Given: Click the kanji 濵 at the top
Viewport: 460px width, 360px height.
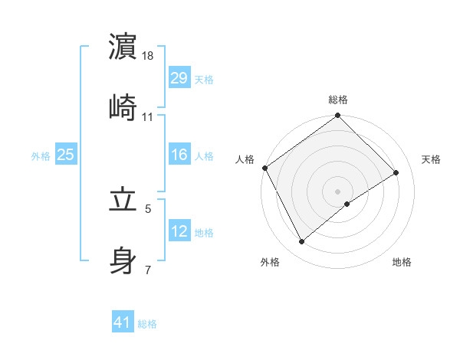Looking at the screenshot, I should pyautogui.click(x=123, y=46).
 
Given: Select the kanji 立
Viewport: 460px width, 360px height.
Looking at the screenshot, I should pyautogui.click(x=123, y=199).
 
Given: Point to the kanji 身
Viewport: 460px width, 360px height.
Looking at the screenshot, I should pyautogui.click(x=123, y=260).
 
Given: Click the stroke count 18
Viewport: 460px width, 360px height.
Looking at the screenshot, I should pyautogui.click(x=148, y=56).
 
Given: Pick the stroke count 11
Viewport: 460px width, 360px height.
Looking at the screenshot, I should pyautogui.click(x=148, y=116).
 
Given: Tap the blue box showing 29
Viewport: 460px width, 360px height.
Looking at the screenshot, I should pyautogui.click(x=179, y=77).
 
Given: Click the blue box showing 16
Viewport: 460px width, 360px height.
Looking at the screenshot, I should pyautogui.click(x=179, y=155).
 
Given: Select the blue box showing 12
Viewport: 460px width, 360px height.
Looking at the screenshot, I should pyautogui.click(x=179, y=231).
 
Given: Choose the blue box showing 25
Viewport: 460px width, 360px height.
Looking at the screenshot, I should pyautogui.click(x=65, y=155).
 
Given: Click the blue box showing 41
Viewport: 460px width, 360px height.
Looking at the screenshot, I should pyautogui.click(x=123, y=323).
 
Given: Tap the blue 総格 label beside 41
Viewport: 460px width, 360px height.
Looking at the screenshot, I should pyautogui.click(x=147, y=324).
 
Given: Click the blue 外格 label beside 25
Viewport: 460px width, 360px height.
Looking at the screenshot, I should pyautogui.click(x=41, y=155).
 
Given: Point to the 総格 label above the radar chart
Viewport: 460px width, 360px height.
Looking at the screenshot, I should pyautogui.click(x=338, y=100).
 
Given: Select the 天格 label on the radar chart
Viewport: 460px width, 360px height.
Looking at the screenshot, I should pyautogui.click(x=432, y=159).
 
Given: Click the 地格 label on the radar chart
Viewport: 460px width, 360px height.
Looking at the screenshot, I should pyautogui.click(x=402, y=262).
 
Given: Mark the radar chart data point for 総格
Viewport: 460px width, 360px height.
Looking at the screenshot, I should pyautogui.click(x=338, y=116).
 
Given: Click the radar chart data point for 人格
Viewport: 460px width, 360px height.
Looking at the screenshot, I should pyautogui.click(x=264, y=168).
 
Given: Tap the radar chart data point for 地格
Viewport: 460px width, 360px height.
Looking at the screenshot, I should pyautogui.click(x=347, y=204).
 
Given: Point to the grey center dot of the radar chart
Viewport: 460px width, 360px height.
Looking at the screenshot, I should pyautogui.click(x=338, y=191).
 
